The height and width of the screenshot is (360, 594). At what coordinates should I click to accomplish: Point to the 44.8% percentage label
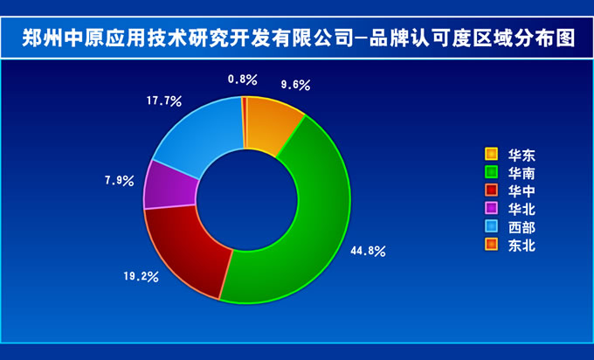pyautogui.click(x=368, y=251)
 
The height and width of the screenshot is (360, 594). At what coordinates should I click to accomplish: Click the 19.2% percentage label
pyautogui.click(x=141, y=277)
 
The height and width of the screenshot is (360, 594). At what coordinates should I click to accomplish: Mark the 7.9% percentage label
pyautogui.click(x=120, y=180)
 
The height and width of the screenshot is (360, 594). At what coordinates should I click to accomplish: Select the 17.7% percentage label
pyautogui.click(x=164, y=101)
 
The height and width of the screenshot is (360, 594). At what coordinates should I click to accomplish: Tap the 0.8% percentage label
pyautogui.click(x=243, y=80)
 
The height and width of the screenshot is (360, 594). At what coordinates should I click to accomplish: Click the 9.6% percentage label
pyautogui.click(x=295, y=85)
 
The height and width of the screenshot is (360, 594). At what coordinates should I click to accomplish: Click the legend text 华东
pyautogui.click(x=521, y=155)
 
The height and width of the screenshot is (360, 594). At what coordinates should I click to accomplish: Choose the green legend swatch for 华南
pyautogui.click(x=491, y=172)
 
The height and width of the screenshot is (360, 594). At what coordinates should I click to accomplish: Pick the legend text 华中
pyautogui.click(x=521, y=191)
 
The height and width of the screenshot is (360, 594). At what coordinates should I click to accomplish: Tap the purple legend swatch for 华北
pyautogui.click(x=491, y=208)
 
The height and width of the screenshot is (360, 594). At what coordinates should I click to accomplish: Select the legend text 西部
pyautogui.click(x=521, y=227)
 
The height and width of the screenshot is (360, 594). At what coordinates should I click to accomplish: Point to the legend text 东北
pyautogui.click(x=521, y=246)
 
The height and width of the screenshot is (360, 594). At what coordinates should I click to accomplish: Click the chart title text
pyautogui.click(x=299, y=38)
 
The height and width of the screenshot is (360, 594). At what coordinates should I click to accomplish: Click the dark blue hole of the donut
pyautogui.click(x=247, y=200)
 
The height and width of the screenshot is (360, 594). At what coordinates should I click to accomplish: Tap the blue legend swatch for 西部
pyautogui.click(x=491, y=226)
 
